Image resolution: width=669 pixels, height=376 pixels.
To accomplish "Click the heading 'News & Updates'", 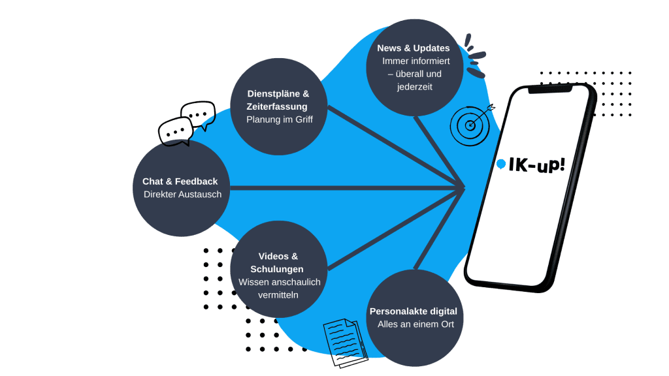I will (413, 48).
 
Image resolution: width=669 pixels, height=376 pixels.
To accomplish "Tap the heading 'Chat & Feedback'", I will (180, 181).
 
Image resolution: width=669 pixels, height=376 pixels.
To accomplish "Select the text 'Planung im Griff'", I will (279, 119).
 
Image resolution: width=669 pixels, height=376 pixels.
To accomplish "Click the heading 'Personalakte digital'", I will (413, 311).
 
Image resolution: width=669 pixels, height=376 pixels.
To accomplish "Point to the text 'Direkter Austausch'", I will (182, 195).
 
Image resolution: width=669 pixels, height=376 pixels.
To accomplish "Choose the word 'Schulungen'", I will (277, 269).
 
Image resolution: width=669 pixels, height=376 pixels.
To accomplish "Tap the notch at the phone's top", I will (551, 90).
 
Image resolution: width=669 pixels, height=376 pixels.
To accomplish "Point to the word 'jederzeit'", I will (415, 87).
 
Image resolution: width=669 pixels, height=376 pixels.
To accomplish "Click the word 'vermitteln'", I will (278, 294).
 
